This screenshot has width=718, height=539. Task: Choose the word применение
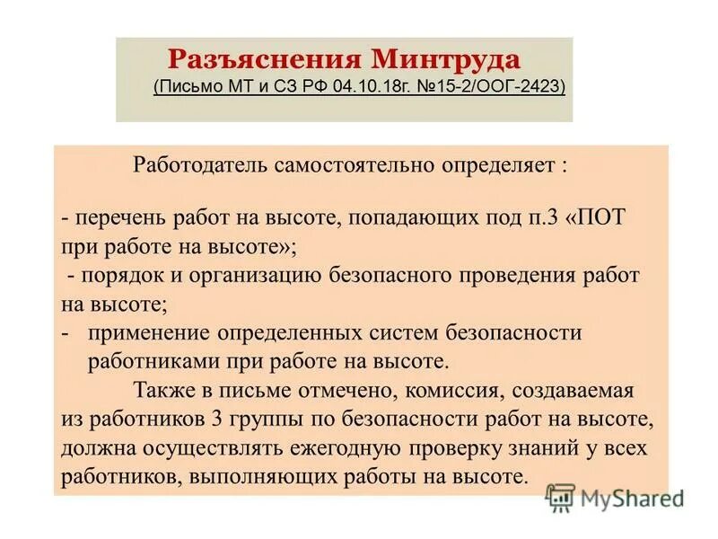(x=148, y=333)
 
